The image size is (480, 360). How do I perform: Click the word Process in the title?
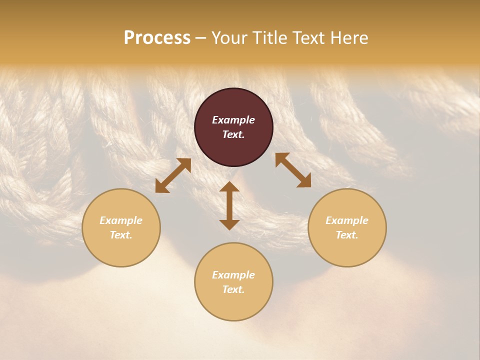coord(157,38)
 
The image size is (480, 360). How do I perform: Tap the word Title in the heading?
coord(269,38)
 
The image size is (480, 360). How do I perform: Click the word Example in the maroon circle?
coord(233,120)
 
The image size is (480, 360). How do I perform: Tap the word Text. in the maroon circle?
coord(233,134)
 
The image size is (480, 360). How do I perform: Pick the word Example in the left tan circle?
coord(121,220)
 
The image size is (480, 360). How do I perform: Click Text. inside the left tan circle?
coord(121,235)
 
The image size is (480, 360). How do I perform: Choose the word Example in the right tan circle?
coord(347,220)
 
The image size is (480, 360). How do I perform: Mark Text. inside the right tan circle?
coord(347,235)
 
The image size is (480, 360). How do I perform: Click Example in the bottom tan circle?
coord(233,275)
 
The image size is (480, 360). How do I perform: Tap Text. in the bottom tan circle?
coord(233,289)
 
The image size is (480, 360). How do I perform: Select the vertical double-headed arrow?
coord(229,205)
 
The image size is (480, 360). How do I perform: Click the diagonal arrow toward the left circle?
coord(173,175)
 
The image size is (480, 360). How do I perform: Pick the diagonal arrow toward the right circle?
coord(293,170)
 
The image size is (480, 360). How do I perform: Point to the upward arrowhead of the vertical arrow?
coord(229,186)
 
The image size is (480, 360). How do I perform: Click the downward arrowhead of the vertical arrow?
coord(229,224)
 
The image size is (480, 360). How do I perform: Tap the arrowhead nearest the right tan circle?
coord(304,181)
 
